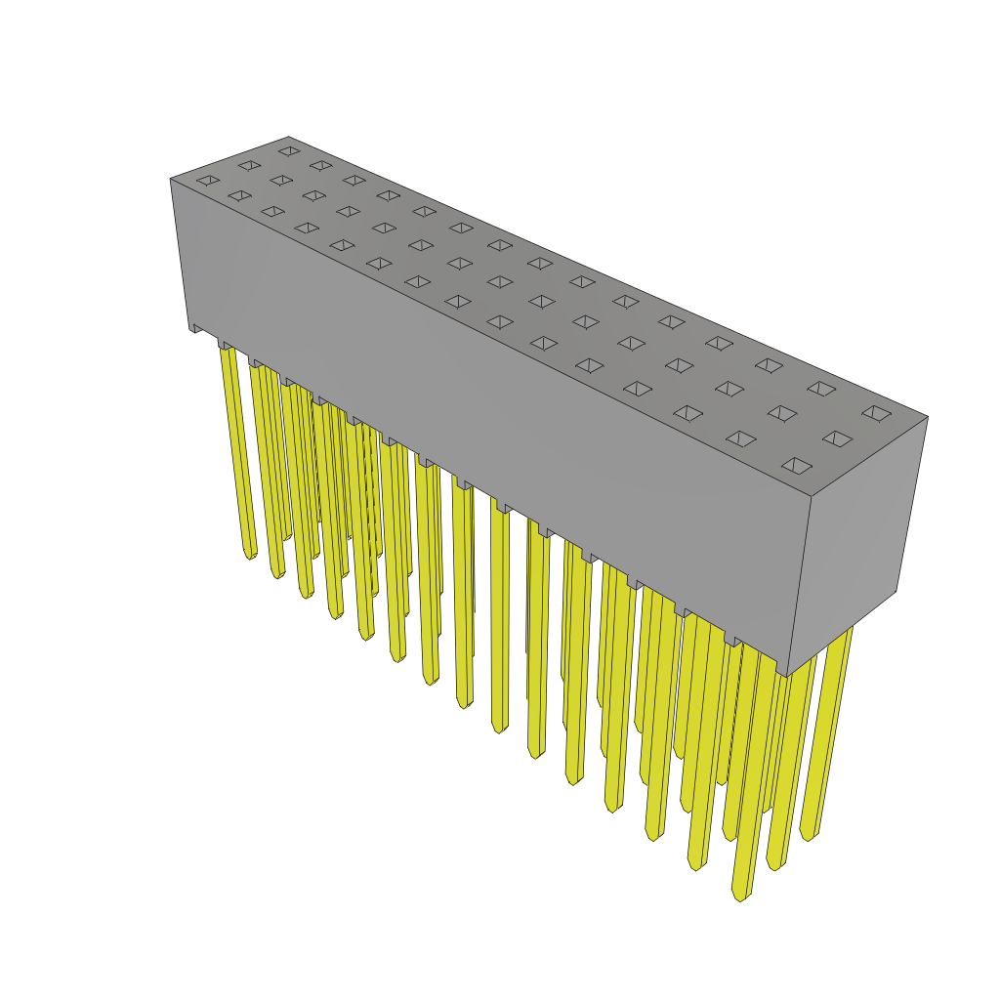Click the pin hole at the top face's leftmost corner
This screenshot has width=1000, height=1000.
coord(208,181)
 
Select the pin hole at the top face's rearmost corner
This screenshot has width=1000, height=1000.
coord(289,151)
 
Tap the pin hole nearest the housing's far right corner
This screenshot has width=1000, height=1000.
coord(876,413)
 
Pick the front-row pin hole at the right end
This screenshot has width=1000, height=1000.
coord(797,466)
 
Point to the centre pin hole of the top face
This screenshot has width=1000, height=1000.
coord(542,302)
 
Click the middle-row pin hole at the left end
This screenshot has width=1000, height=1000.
coord(249,166)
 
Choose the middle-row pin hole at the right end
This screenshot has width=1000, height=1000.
coord(837,438)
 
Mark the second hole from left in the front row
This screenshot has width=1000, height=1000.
coord(239,195)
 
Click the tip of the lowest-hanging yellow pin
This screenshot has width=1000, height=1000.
coord(740,894)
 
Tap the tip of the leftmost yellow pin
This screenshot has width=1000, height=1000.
coord(250,555)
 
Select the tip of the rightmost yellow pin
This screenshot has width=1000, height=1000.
coord(807,836)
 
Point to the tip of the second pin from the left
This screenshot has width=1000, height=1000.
coord(277,573)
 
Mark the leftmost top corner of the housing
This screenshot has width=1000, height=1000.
coord(171,179)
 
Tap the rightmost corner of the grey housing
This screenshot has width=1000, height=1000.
coord(928,417)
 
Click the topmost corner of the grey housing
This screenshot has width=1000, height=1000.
coord(289,138)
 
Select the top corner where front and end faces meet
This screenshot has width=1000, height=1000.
coord(812,496)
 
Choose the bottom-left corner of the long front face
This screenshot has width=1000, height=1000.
coord(189,329)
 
